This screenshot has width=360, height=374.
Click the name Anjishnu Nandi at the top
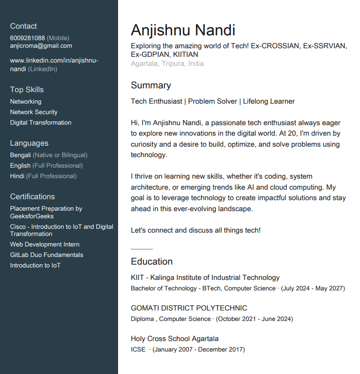click(183, 30)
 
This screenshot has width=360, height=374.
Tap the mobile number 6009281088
click(27, 38)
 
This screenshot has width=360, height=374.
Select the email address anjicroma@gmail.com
click(41, 46)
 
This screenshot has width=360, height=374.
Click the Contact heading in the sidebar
click(23, 26)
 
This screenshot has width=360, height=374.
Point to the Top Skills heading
click(27, 90)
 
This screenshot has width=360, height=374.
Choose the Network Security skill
click(33, 112)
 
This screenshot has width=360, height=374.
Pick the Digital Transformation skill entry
click(41, 123)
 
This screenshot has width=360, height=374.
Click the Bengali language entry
click(21, 155)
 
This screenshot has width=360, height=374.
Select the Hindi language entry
click(17, 176)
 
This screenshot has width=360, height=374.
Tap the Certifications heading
click(33, 197)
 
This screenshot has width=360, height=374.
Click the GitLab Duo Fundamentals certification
click(46, 255)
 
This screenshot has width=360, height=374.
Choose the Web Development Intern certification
click(45, 245)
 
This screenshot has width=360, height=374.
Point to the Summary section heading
click(151, 85)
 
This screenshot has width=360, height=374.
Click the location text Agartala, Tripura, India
click(167, 64)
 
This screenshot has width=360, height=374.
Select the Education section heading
click(152, 262)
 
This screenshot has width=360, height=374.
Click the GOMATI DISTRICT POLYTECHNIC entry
click(189, 308)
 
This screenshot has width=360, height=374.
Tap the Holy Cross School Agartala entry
click(175, 339)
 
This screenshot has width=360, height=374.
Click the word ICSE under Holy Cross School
click(138, 350)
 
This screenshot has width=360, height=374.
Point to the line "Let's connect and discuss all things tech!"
click(196, 230)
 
